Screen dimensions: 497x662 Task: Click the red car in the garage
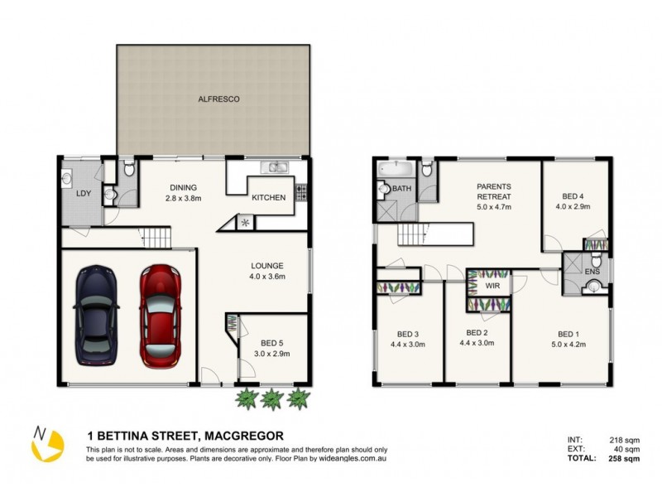(x=156, y=316)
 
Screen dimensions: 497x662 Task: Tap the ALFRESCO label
(x=218, y=99)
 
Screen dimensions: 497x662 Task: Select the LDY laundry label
(x=84, y=193)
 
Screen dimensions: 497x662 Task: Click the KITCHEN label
(x=269, y=197)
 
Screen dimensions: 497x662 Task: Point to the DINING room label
(x=183, y=187)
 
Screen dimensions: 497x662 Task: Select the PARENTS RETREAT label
(x=494, y=191)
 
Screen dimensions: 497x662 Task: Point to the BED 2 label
(x=477, y=333)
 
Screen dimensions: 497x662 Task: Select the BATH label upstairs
(x=402, y=189)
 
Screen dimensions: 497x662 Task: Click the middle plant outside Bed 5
(x=271, y=399)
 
